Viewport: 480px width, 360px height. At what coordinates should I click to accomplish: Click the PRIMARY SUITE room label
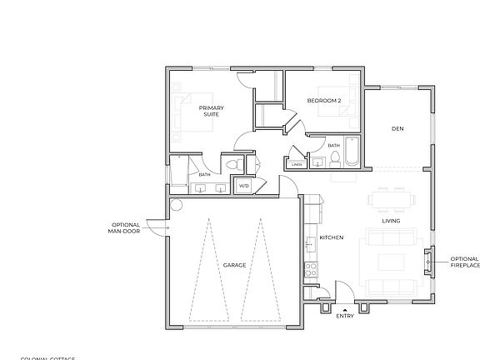point(210,112)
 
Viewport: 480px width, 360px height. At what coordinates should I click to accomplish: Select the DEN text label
point(397,128)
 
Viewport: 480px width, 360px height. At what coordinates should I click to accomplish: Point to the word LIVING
point(391,221)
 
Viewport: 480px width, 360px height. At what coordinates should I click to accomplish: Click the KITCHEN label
point(332,238)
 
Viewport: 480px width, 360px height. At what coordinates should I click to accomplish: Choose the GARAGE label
point(234,265)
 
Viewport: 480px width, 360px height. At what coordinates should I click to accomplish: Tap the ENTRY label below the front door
point(345,317)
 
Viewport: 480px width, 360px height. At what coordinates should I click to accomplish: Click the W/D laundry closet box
point(244,185)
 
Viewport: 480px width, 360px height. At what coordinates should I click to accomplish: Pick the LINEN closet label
point(297,164)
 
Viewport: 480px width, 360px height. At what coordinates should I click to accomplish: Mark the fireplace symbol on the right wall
point(428,260)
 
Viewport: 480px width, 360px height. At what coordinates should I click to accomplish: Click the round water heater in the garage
point(177,204)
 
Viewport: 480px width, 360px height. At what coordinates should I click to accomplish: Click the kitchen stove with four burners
point(311,270)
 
